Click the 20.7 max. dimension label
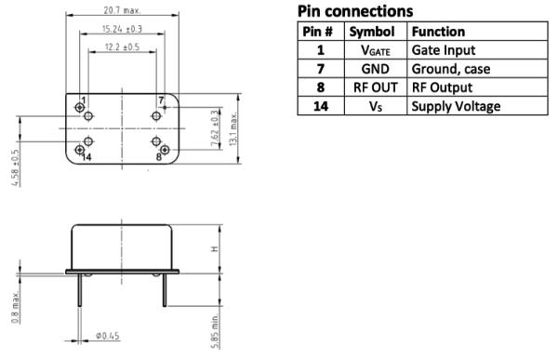coord(122,10)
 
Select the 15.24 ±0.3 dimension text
coord(122,29)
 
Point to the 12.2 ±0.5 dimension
coord(122,47)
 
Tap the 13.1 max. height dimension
coord(233,129)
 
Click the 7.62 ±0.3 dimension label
coord(215,127)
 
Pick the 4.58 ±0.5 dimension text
coord(15,167)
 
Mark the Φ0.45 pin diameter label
coord(107,336)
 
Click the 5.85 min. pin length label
coord(215,331)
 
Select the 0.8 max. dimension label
coord(15,307)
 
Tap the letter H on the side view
coord(214,248)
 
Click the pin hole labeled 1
coord(79,107)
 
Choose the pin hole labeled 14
coord(79,150)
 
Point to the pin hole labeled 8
coord(165,150)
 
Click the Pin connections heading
coord(355,11)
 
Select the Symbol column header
coord(372,32)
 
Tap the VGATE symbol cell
coord(376,50)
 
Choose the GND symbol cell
coord(376,69)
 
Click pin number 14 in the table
coord(321,106)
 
